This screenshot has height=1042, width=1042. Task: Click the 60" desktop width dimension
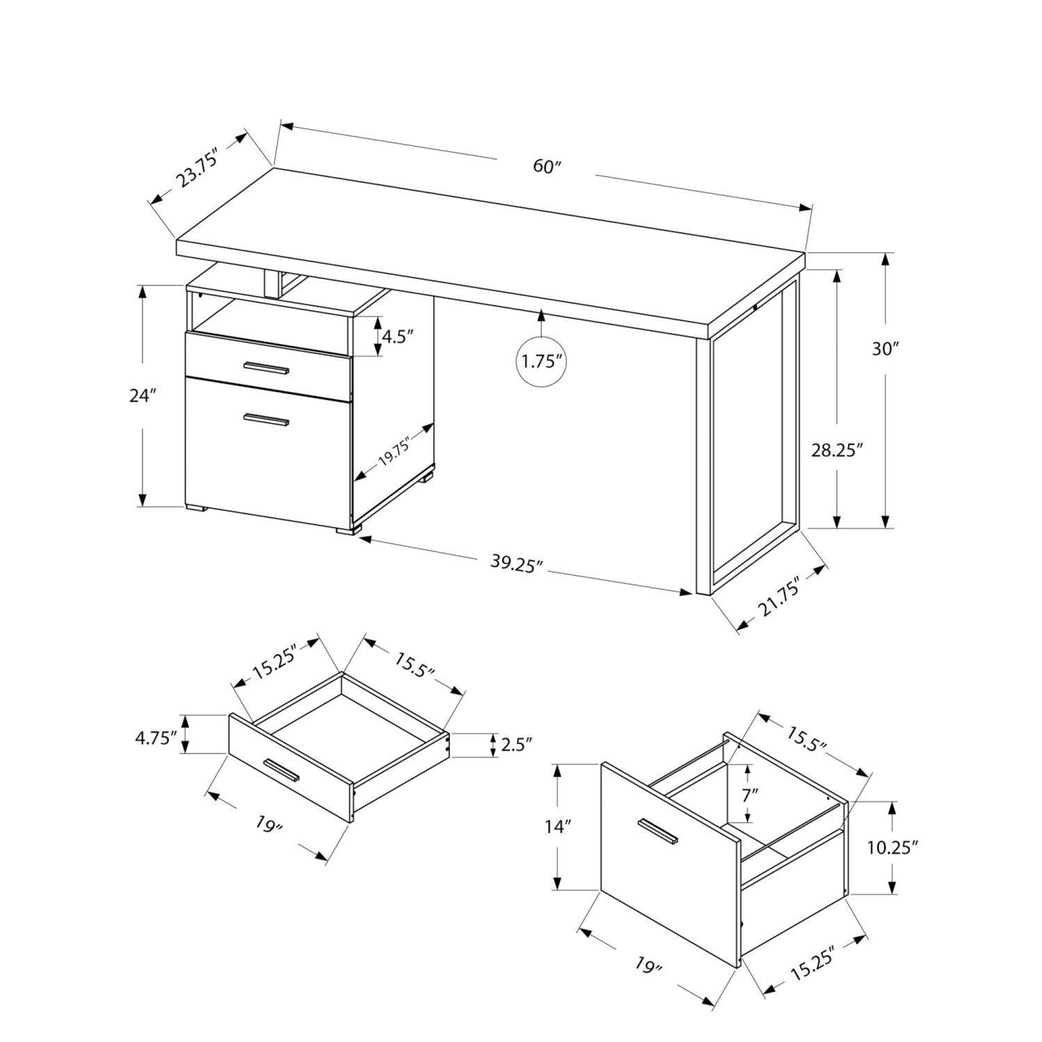click(546, 167)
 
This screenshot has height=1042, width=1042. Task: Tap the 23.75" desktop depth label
click(198, 167)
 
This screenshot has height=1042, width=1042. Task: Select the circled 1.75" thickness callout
click(541, 361)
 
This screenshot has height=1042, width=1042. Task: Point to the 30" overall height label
click(886, 349)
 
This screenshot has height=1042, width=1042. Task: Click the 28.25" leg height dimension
click(837, 449)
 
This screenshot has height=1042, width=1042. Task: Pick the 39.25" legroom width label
click(515, 564)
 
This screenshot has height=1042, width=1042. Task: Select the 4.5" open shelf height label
click(398, 337)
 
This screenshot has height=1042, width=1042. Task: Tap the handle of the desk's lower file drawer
click(266, 420)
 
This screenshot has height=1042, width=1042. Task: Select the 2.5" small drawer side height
click(515, 745)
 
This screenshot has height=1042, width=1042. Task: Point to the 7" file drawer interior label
click(749, 795)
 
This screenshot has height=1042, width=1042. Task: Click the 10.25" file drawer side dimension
click(893, 847)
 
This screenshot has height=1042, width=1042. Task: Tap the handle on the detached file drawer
click(659, 832)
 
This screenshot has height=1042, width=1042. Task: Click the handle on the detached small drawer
click(281, 769)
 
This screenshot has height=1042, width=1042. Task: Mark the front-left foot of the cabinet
click(197, 510)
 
